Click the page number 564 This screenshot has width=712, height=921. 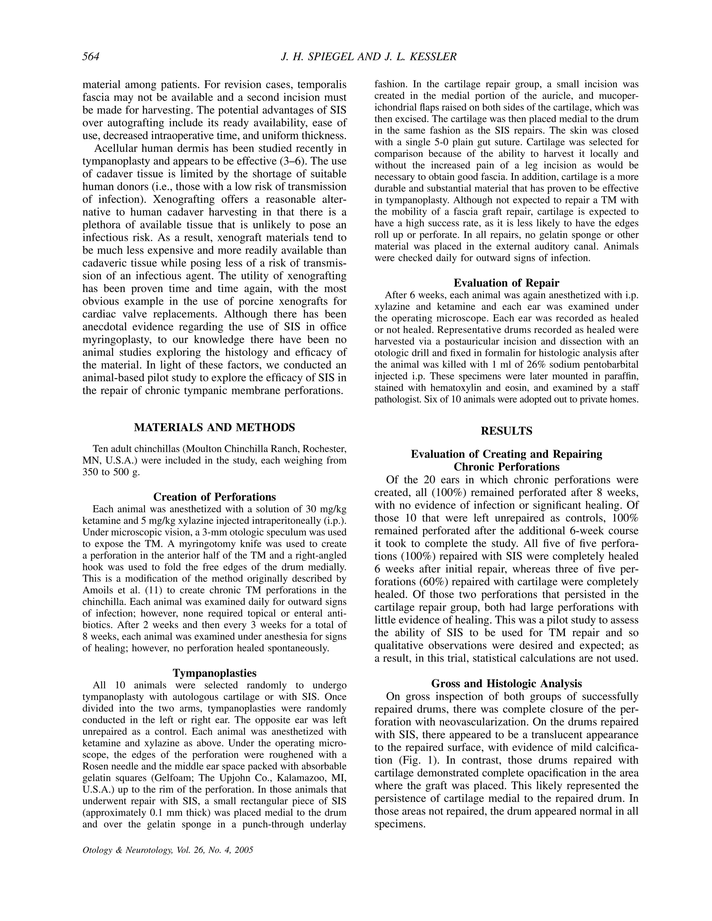click(91, 57)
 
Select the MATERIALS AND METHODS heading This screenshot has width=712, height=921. click(214, 427)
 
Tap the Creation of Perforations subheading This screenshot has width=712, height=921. click(214, 497)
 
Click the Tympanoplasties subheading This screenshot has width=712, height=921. click(214, 673)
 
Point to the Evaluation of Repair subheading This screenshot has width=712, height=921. click(506, 283)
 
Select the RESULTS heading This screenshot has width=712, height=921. click(506, 431)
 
